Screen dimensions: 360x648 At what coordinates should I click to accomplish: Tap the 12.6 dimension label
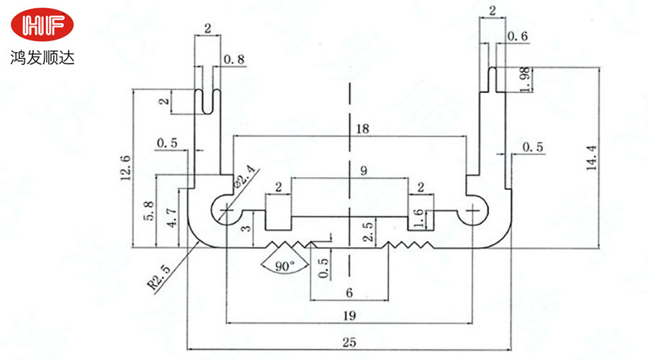click(126, 167)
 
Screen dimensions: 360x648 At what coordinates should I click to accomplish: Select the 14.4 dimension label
click(592, 158)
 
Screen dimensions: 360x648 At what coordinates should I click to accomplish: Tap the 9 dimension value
click(364, 171)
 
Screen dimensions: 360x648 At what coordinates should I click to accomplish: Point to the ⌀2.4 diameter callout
click(246, 176)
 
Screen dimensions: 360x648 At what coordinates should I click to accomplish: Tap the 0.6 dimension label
click(517, 37)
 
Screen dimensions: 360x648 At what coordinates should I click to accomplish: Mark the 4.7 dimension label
click(171, 217)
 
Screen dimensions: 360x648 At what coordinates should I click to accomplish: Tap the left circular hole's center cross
click(226, 210)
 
